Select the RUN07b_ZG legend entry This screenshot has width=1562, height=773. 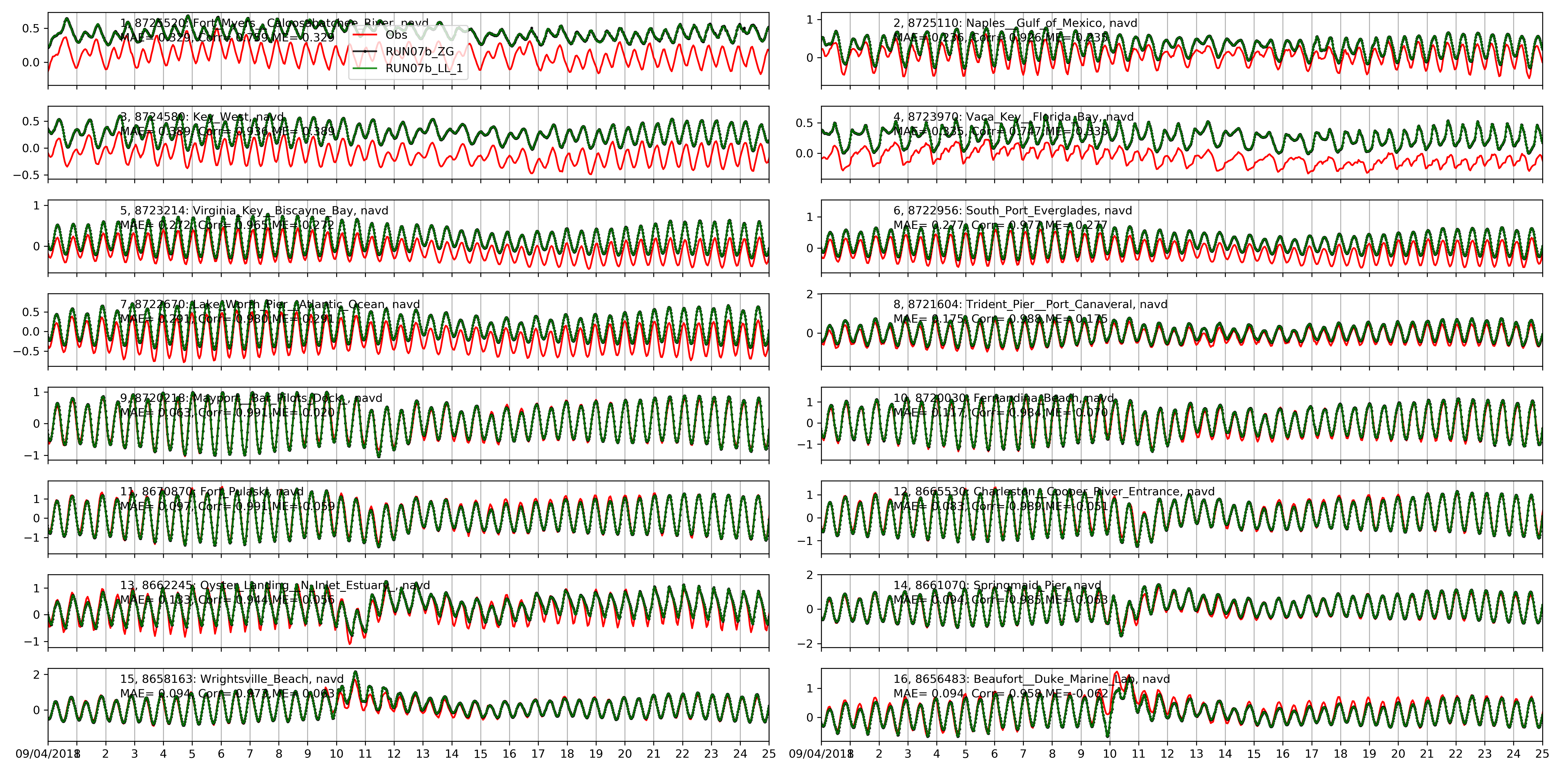click(420, 52)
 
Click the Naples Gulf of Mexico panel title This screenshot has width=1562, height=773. click(1015, 23)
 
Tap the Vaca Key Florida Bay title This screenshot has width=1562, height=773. click(1013, 116)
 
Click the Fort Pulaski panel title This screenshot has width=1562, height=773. click(212, 491)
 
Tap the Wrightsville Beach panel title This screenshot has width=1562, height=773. click(232, 679)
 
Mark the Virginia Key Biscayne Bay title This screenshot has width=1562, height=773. click(254, 211)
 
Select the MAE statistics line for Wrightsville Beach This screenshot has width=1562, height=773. click(227, 694)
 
